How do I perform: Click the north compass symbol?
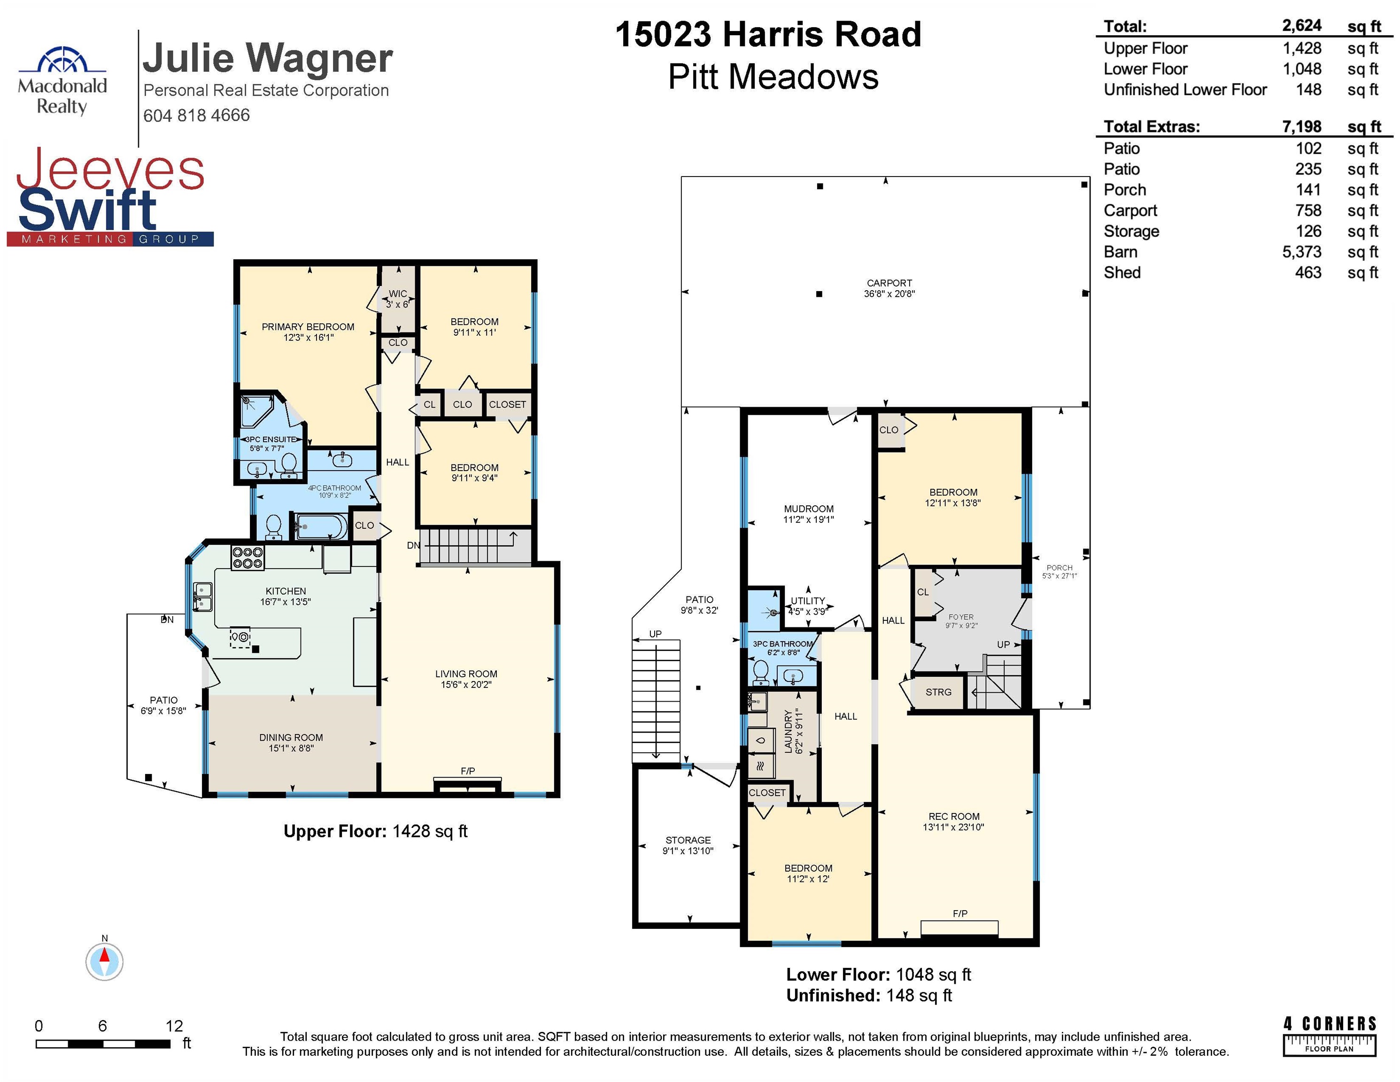point(104,961)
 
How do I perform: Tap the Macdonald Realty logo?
point(62,81)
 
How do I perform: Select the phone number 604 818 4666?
point(196,116)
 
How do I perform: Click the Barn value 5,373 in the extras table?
point(1301,252)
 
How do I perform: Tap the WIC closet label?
point(397,294)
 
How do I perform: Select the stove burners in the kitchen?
point(248,557)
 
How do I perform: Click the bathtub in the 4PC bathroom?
point(320,527)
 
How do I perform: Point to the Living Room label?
point(466,674)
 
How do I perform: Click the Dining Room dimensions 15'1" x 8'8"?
point(291,748)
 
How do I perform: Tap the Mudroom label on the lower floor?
point(808,509)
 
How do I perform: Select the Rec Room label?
point(954,817)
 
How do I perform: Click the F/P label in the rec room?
point(959,913)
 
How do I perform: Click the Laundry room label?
point(789,731)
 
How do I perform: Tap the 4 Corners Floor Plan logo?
point(1330,1035)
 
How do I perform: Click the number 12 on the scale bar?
point(174,1026)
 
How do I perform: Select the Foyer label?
point(961,617)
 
